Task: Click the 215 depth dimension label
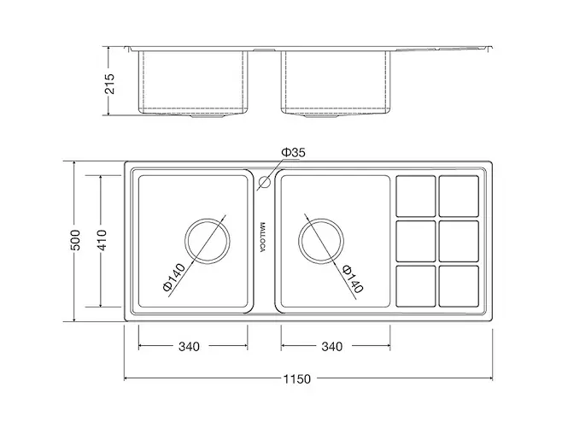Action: (x=110, y=84)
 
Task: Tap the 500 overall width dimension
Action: (x=76, y=240)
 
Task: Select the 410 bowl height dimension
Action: (x=102, y=240)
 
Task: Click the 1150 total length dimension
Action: (x=297, y=378)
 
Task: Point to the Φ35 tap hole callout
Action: (x=293, y=152)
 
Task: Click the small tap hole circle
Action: (x=265, y=182)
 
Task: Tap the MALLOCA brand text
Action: (x=263, y=237)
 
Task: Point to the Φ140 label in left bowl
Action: (x=174, y=278)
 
